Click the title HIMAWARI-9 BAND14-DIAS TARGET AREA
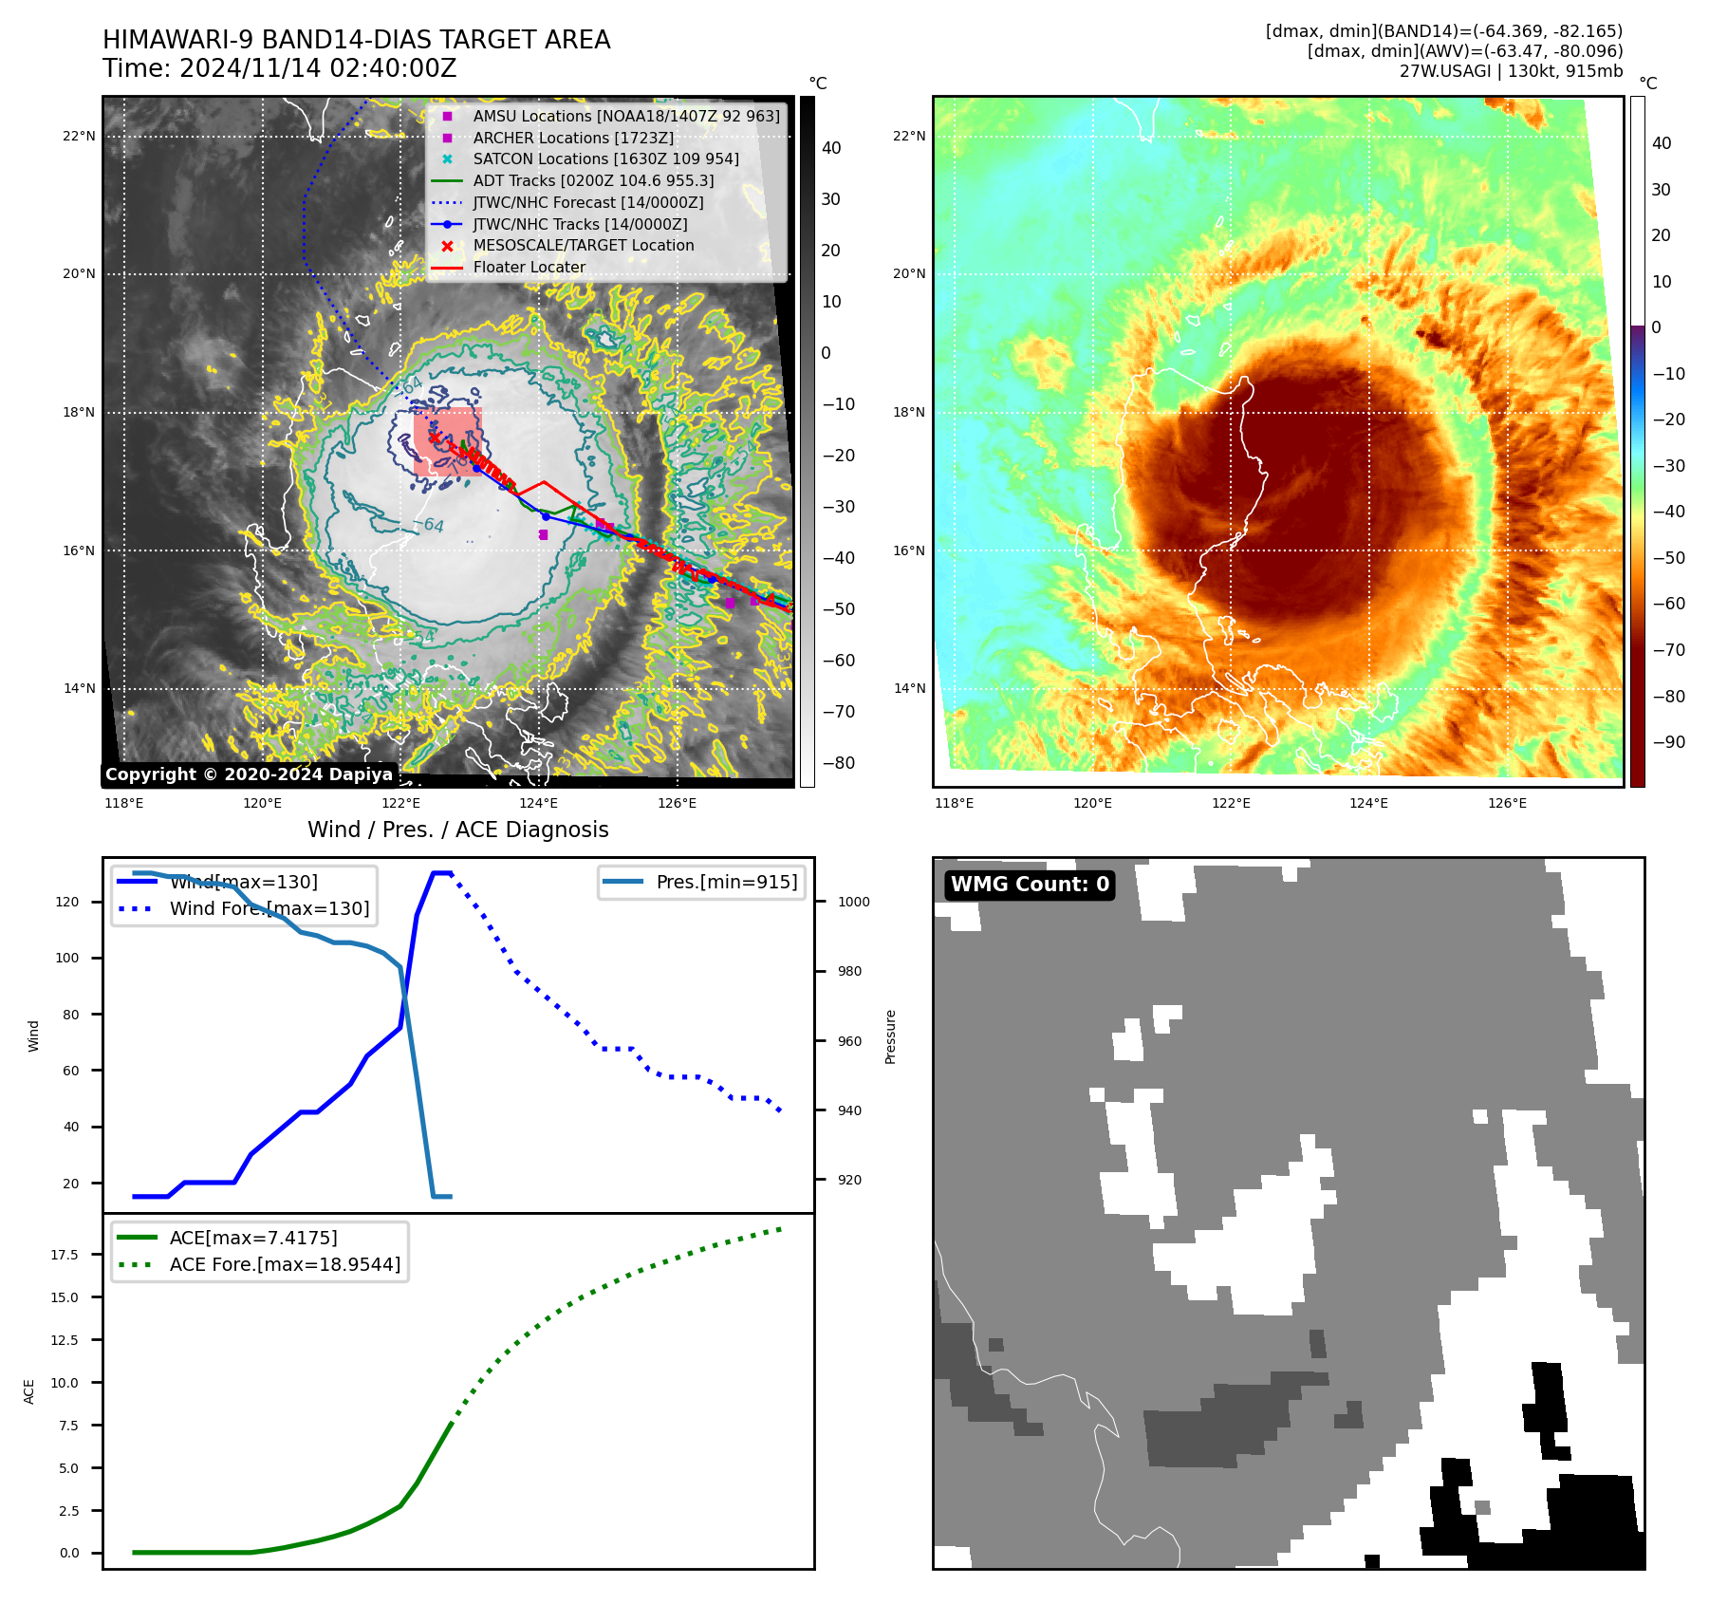point(356,40)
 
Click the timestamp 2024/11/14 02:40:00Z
point(317,68)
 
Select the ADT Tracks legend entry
point(593,180)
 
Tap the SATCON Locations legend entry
point(605,159)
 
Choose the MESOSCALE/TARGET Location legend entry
point(583,245)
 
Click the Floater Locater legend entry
point(529,267)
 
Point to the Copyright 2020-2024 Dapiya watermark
point(249,774)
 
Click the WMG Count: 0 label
point(1030,885)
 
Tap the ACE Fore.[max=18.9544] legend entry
point(284,1264)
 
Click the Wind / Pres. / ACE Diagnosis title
point(457,830)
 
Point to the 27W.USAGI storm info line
point(1511,71)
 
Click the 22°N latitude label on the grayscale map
point(79,137)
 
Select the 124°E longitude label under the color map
point(1368,804)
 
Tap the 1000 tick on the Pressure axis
point(853,902)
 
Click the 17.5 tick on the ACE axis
point(65,1255)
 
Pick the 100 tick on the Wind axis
point(66,958)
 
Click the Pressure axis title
point(890,1036)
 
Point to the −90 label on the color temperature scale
point(1668,742)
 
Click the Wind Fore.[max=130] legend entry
point(269,908)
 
